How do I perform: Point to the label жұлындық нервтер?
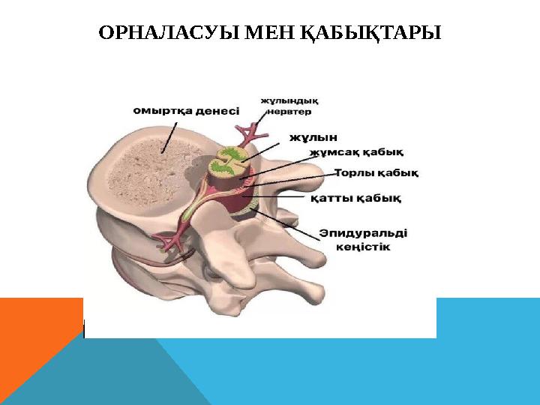291,101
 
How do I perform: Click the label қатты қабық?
355,199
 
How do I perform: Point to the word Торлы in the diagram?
355,173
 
